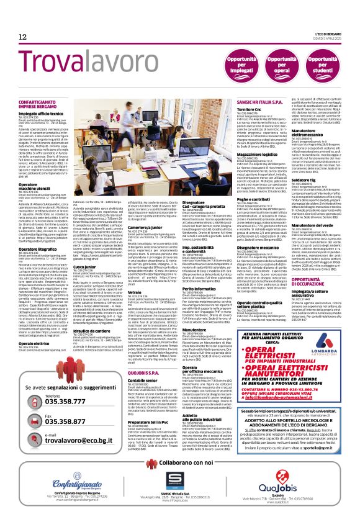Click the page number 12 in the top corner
click(x=23, y=38)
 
